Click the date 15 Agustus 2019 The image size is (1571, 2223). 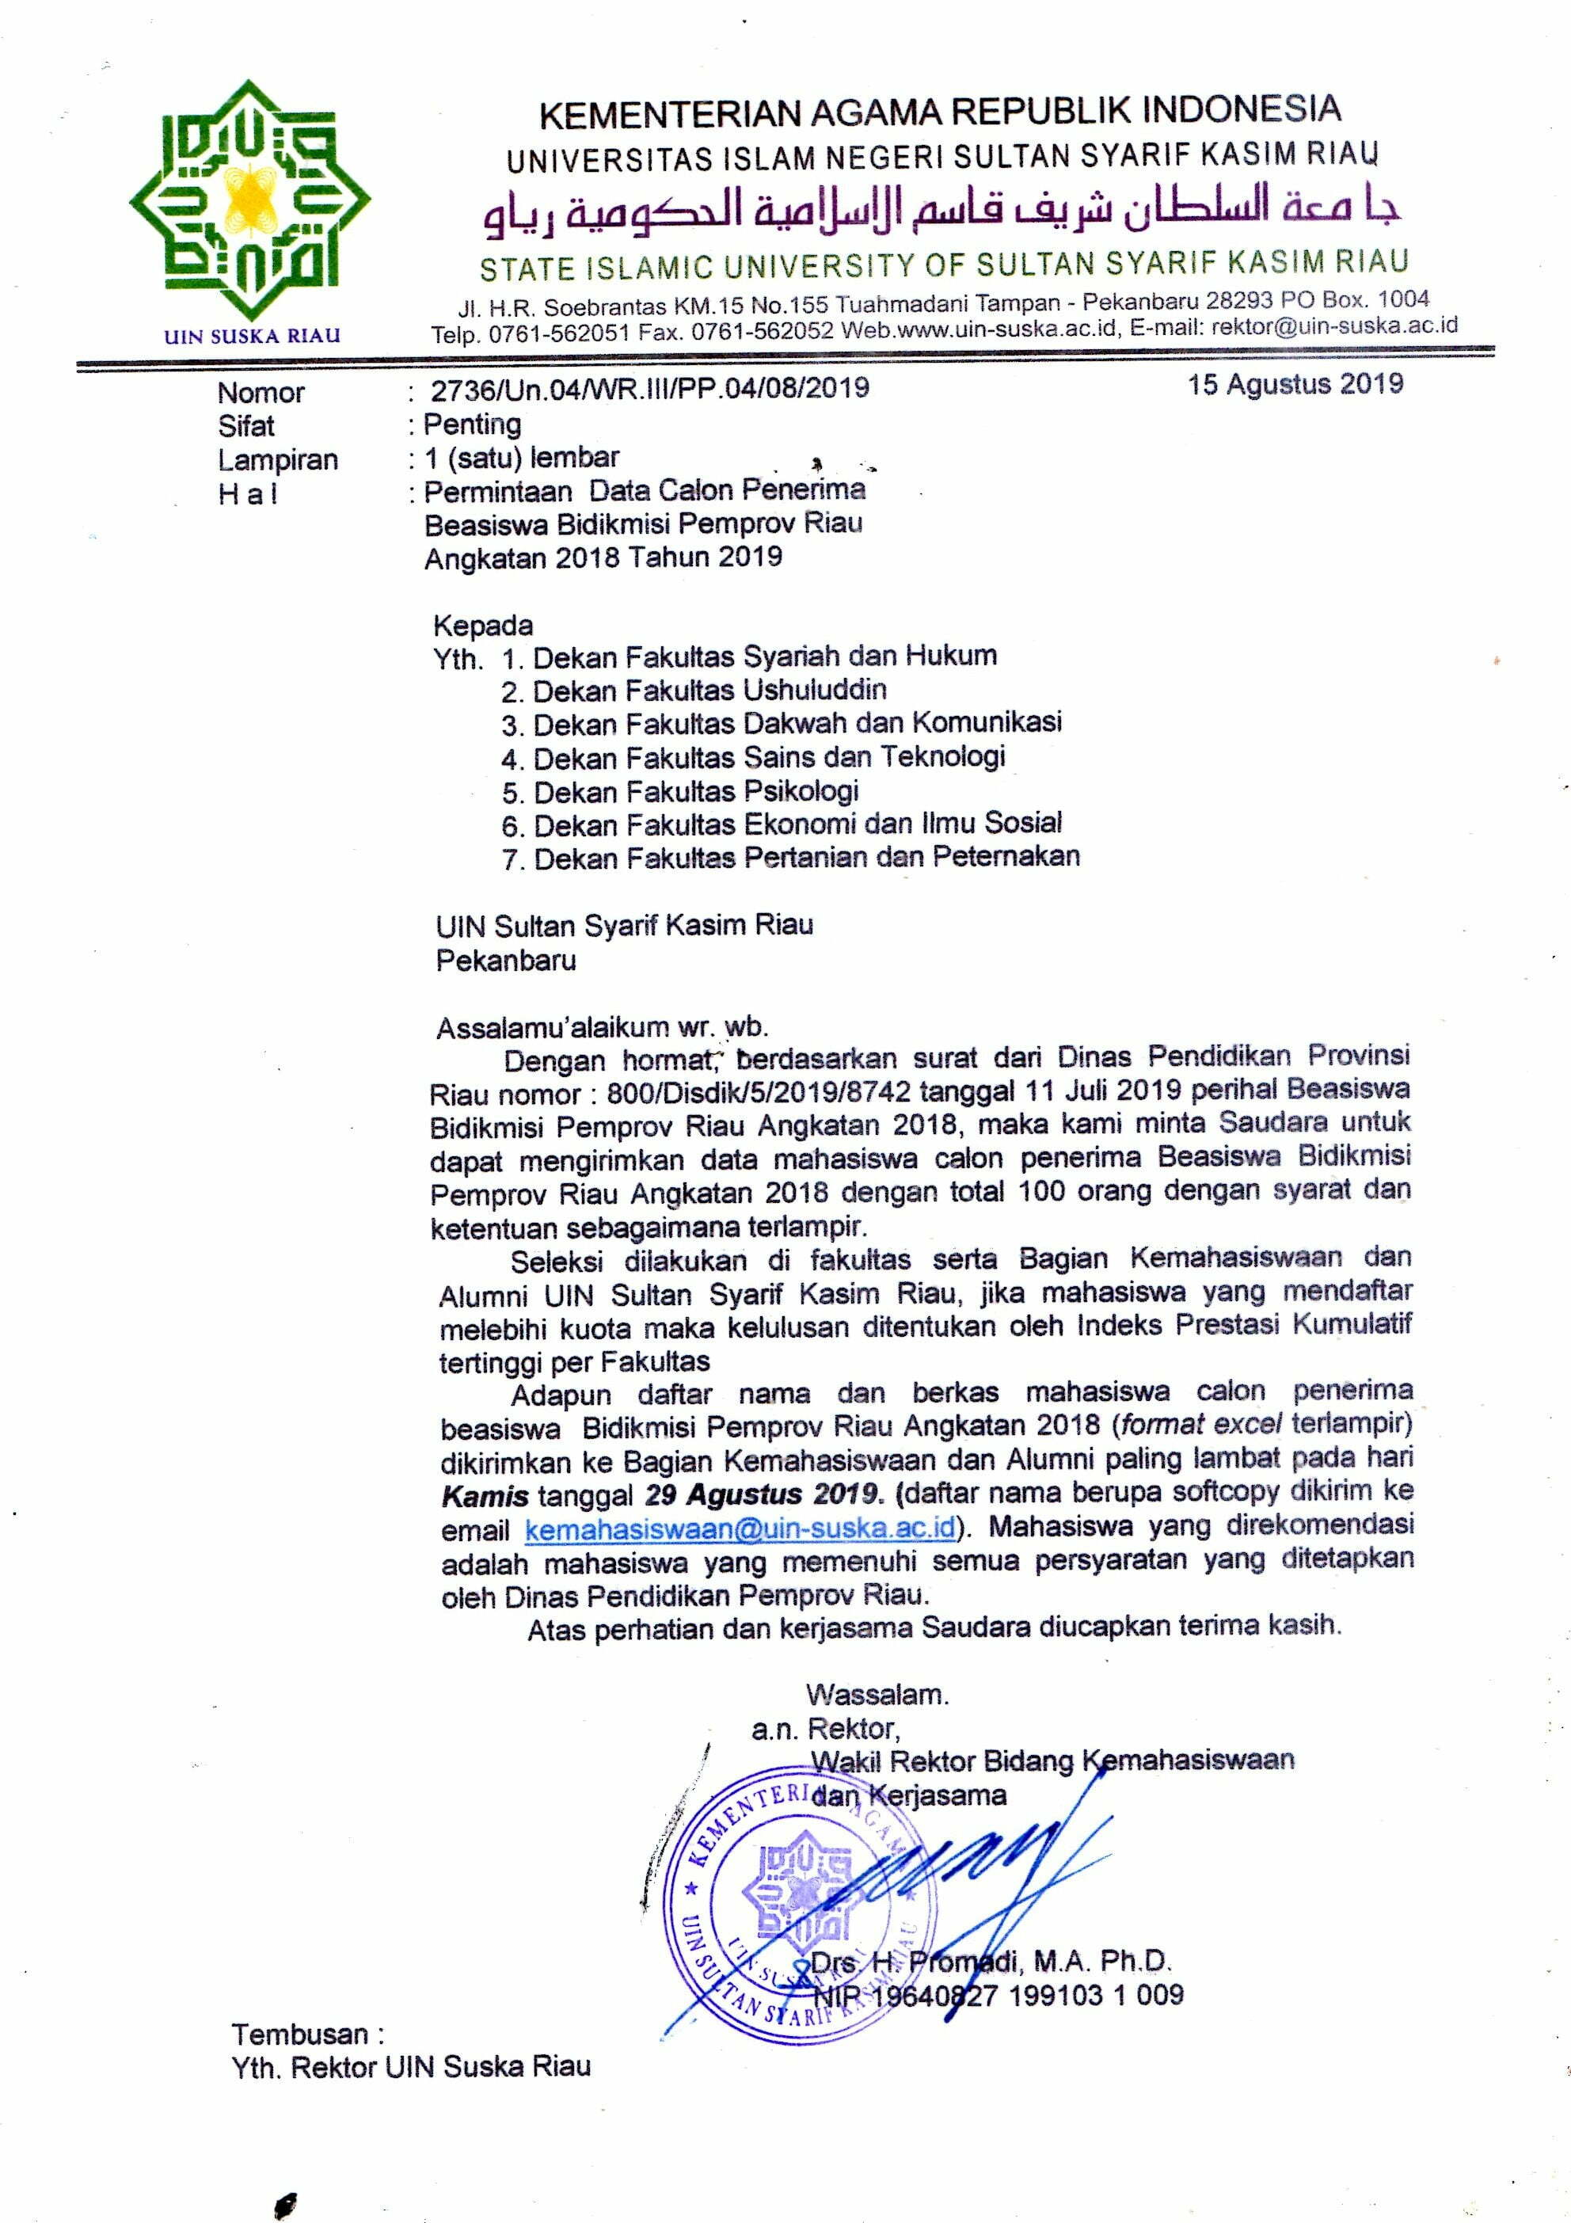1295,384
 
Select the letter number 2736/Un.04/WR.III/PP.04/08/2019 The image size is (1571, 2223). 649,388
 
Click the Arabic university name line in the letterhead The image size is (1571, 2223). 941,211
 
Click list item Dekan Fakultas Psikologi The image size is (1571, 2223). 696,791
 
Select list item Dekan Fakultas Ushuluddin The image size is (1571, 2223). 709,691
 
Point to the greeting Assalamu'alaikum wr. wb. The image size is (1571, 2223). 601,1026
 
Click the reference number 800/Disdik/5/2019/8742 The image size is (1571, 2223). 759,1092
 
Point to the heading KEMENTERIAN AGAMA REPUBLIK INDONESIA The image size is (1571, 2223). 939,112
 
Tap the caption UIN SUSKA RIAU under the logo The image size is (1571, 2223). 252,336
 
